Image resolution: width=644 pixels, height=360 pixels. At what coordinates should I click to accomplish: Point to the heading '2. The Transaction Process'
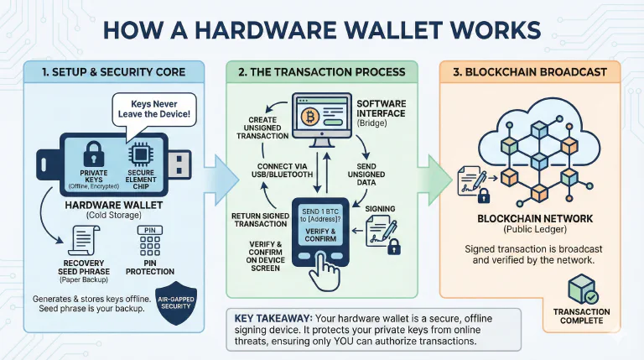click(323, 72)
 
